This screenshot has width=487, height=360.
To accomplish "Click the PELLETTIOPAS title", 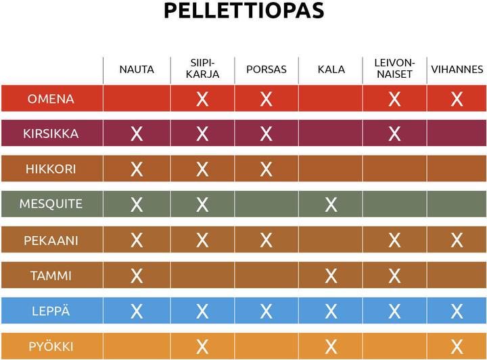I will [x=243, y=12].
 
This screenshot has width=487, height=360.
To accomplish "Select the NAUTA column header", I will [x=137, y=69].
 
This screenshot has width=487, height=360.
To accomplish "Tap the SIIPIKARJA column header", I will [x=202, y=69].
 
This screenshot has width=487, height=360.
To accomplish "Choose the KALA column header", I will [x=331, y=69].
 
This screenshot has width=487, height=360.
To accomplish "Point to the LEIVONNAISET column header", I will [x=394, y=69].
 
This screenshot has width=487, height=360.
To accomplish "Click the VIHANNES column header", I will [x=457, y=69].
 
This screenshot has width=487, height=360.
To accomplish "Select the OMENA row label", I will [x=51, y=99].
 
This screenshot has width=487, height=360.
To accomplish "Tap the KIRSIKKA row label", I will [x=51, y=134].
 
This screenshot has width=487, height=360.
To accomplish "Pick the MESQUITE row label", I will [x=51, y=204].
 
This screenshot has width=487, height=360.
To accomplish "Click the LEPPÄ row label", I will [x=51, y=311].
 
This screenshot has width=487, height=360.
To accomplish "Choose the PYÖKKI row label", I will [x=51, y=347].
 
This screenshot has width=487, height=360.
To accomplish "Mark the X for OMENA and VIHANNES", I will [x=457, y=99].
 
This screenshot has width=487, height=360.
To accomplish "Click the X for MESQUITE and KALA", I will [x=331, y=204].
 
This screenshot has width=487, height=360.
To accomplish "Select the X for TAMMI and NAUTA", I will [x=137, y=275].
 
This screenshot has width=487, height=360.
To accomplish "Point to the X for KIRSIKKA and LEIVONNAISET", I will [x=394, y=134].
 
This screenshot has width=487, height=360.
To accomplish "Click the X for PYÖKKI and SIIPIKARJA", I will [x=202, y=347].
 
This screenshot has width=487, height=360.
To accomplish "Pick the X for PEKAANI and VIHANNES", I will [x=457, y=240].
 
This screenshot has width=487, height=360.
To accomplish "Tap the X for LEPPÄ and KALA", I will [x=331, y=311].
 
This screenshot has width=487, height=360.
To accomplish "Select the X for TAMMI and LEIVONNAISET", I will [x=394, y=275].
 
